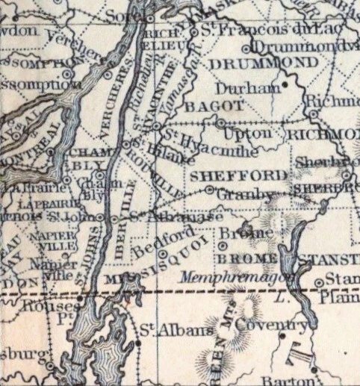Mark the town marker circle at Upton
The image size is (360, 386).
pos(221,120)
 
